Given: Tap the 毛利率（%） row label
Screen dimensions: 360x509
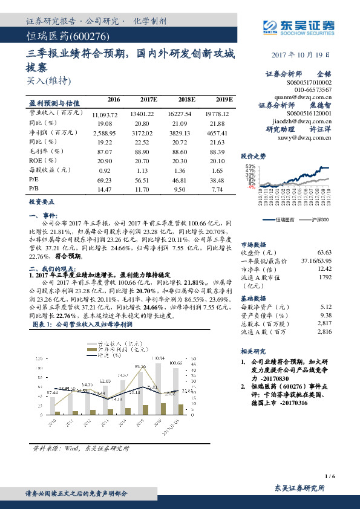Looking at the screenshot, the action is click(x=46, y=151).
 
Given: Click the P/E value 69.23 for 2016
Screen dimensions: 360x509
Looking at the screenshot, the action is click(x=103, y=180).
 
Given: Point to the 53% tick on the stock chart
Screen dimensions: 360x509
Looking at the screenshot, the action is click(x=250, y=166).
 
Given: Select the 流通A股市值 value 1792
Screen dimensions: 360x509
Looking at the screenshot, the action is click(x=326, y=277).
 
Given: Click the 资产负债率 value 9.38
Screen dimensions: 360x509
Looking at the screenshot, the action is click(x=326, y=315).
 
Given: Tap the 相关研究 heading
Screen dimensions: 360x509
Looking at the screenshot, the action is click(x=252, y=351).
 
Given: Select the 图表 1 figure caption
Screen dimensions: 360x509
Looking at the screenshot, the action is click(x=82, y=325).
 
